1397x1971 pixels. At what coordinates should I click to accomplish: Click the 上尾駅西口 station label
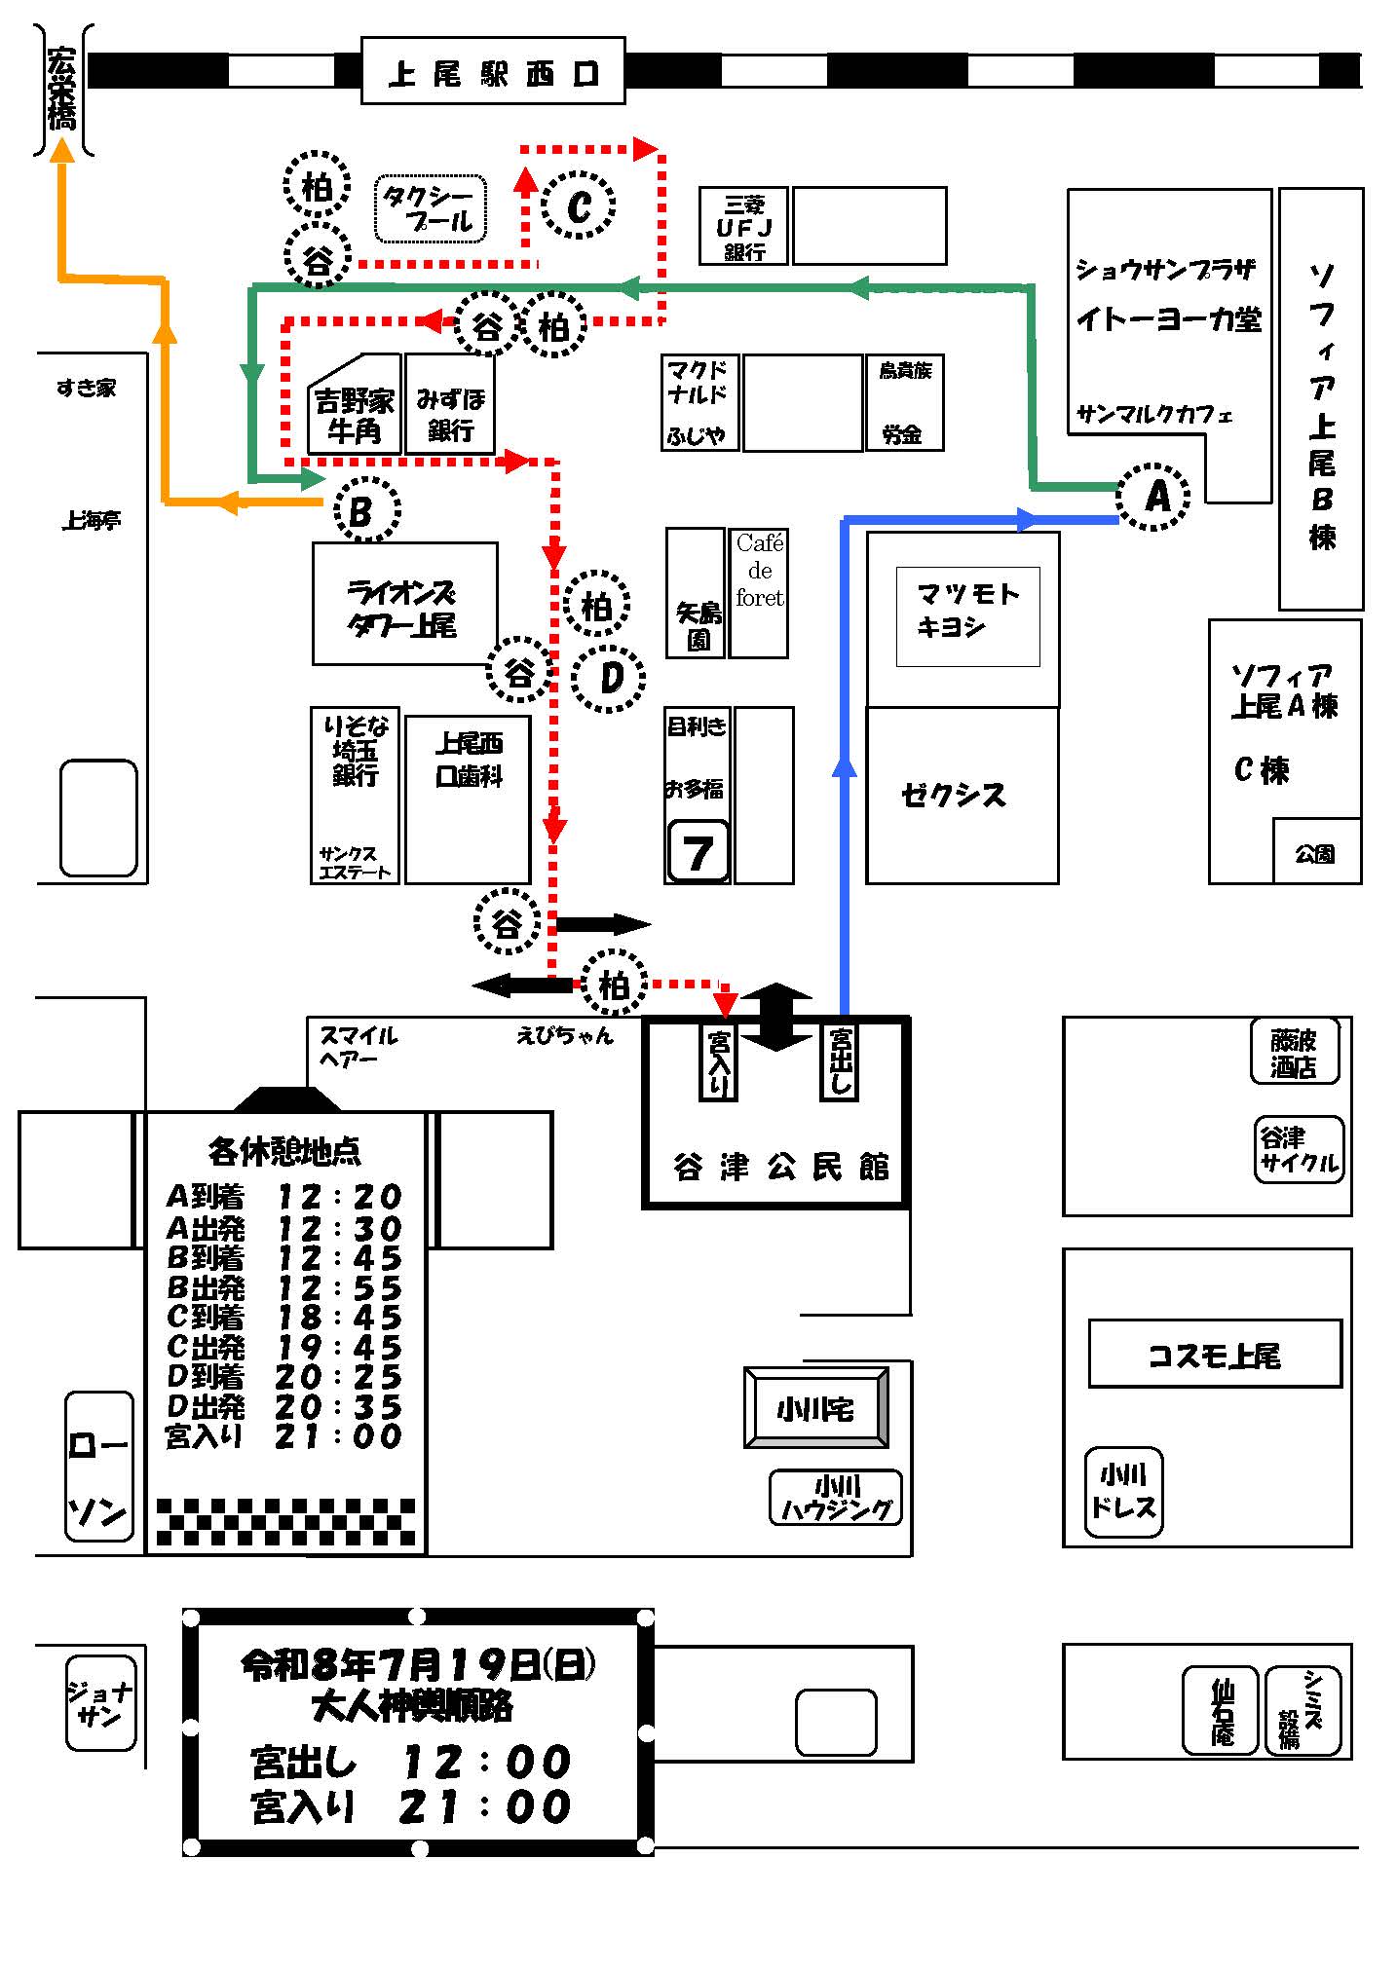click(x=492, y=71)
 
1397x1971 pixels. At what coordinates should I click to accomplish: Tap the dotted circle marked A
click(x=1153, y=497)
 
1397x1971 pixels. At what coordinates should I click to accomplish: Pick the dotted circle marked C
click(x=579, y=205)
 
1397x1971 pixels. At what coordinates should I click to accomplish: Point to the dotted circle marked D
click(x=609, y=678)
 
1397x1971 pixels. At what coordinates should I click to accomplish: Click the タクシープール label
click(x=431, y=209)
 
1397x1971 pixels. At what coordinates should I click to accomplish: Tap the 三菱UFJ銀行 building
click(x=744, y=226)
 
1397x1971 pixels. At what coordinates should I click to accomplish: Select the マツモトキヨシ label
click(x=967, y=611)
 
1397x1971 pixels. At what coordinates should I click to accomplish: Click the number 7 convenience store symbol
click(x=698, y=852)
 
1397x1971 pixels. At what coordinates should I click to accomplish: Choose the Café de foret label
click(x=760, y=570)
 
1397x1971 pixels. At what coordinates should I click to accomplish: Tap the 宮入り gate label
click(x=719, y=1060)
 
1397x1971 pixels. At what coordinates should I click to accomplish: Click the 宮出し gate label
click(x=840, y=1060)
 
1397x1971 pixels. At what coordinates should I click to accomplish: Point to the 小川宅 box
click(x=815, y=1407)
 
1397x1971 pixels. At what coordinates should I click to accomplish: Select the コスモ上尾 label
click(x=1215, y=1354)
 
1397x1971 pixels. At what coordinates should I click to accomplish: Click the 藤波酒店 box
click(x=1294, y=1053)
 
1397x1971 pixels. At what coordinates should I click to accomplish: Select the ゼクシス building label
click(x=953, y=796)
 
